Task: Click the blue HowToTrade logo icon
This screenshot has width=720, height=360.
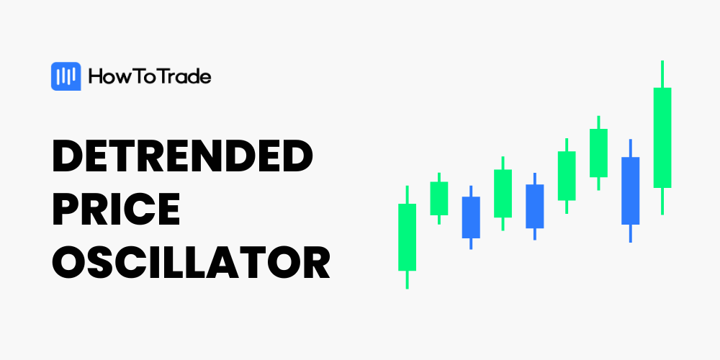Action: [x=66, y=76]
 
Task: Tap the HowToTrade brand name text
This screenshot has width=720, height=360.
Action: [x=150, y=77]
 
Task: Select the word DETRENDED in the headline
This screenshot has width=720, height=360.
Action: [x=182, y=156]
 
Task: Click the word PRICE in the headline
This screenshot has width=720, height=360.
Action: [x=116, y=209]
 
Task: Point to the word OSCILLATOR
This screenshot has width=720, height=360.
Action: [x=191, y=262]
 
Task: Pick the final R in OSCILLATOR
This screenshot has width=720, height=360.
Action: [x=316, y=262]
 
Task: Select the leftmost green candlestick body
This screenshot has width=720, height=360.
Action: [x=407, y=237]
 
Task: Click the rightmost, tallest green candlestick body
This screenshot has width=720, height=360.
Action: [x=662, y=138]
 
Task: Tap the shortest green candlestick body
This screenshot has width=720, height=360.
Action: [x=439, y=199]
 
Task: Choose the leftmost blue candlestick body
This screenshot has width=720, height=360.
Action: [x=471, y=217]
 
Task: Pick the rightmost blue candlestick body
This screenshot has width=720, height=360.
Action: [x=631, y=191]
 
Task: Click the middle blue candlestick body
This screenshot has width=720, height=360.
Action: [x=534, y=206]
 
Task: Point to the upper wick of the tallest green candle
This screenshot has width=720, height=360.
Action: [x=662, y=74]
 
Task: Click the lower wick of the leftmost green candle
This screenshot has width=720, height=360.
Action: [x=407, y=279]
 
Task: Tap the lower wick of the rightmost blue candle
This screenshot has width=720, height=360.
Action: [x=631, y=233]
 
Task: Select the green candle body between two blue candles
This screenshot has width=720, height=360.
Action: [x=503, y=193]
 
